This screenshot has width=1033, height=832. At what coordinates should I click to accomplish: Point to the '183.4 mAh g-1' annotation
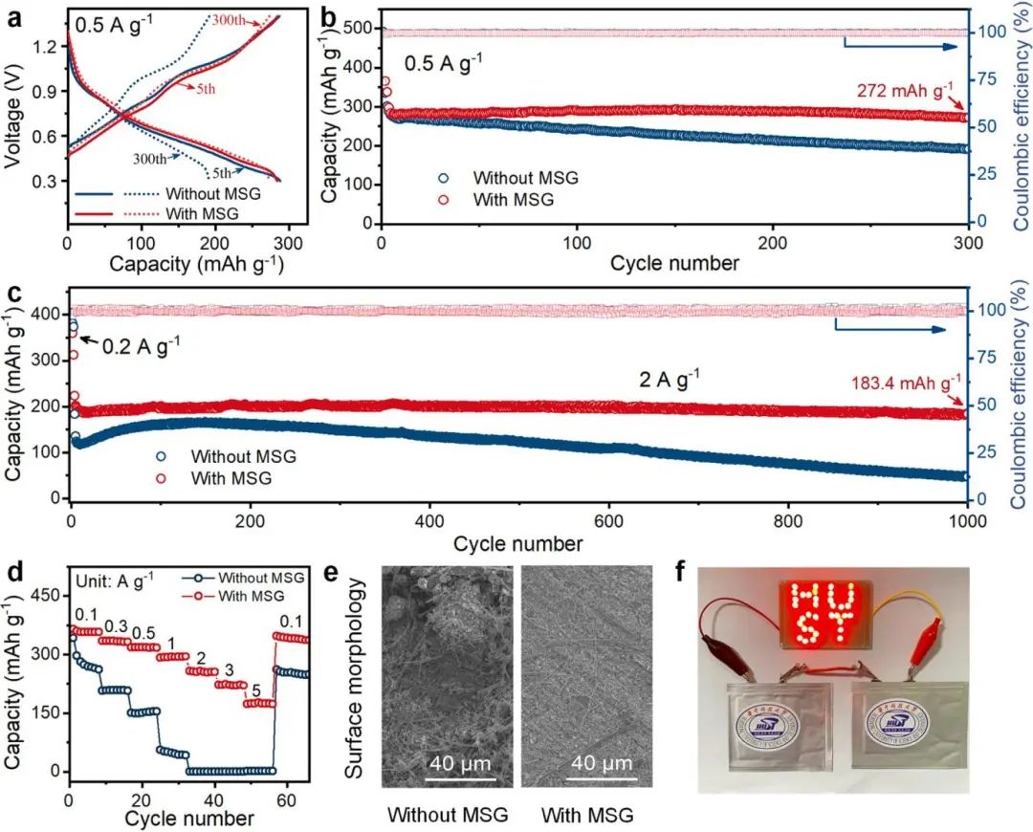pos(904,384)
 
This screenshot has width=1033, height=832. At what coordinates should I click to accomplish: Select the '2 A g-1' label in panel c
pos(670,376)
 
